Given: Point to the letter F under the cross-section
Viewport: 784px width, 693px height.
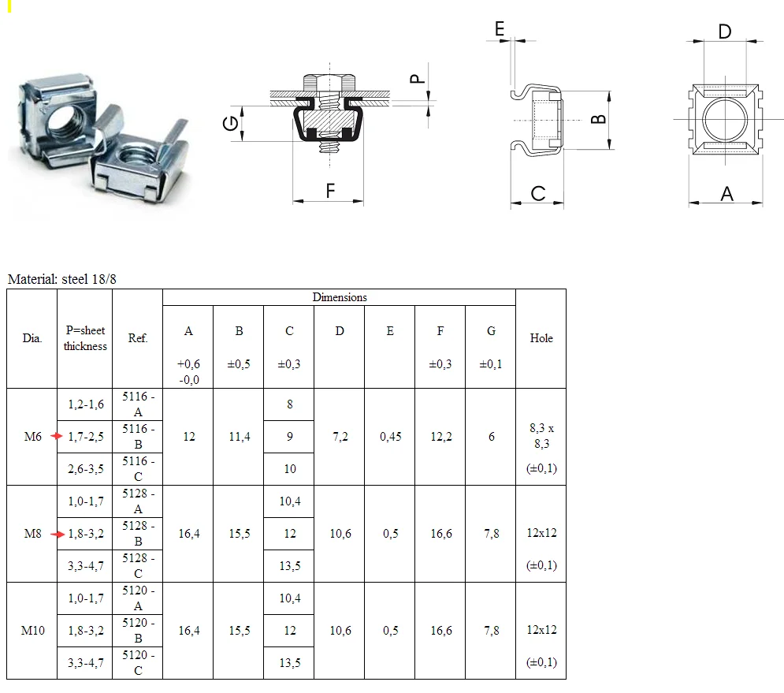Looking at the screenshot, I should [330, 191].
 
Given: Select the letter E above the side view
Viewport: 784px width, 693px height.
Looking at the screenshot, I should [499, 28].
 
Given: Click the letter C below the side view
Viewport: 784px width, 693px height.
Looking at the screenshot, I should [537, 193].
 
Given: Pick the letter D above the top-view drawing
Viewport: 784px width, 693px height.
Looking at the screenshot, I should [725, 31].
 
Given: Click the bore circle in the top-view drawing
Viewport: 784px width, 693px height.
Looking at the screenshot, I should [725, 121].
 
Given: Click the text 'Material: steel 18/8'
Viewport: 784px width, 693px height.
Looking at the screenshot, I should [62, 279].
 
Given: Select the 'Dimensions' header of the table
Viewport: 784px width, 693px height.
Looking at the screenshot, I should [339, 297].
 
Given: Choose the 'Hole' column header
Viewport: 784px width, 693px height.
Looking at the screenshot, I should [541, 338].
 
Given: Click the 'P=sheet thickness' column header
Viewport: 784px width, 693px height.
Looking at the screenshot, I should [85, 338].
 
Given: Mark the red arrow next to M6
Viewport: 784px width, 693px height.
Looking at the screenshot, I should [56, 437].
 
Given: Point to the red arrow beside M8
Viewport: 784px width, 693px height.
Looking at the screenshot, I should [58, 534].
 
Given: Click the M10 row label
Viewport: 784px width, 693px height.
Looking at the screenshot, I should [32, 631].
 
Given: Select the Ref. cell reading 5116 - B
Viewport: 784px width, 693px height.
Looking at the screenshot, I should [138, 437].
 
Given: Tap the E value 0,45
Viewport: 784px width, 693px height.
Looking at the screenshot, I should [390, 437].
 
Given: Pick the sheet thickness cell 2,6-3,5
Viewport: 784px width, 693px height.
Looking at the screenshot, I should [85, 469].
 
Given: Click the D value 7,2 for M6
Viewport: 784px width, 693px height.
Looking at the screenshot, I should [340, 437].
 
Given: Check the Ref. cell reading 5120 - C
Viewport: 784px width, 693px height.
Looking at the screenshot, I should [138, 663].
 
